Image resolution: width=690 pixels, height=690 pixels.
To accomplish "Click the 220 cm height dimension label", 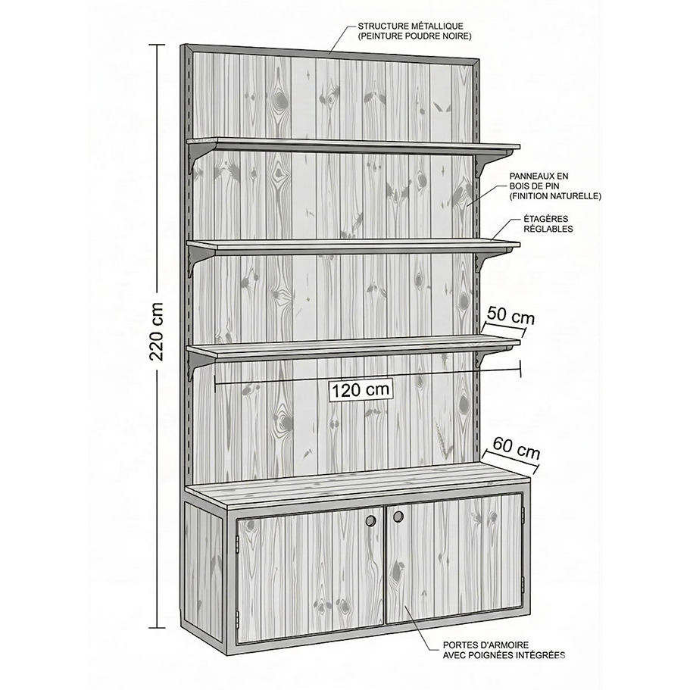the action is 157,332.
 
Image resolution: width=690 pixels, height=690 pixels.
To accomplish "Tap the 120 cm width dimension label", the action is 361,390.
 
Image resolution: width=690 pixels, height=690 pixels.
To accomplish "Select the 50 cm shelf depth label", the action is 510,316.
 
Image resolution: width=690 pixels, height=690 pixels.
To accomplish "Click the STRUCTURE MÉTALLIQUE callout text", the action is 414,31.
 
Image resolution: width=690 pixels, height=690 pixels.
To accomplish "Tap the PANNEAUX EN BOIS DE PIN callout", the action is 555,186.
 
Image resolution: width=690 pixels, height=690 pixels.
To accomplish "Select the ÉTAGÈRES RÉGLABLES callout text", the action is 548,223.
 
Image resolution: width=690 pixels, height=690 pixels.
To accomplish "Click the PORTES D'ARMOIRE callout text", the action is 504,650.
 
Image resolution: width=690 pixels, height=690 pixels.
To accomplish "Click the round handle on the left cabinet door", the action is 371,520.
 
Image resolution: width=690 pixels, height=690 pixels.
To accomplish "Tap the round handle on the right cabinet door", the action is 398,517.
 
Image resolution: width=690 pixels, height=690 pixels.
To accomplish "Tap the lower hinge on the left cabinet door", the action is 237,618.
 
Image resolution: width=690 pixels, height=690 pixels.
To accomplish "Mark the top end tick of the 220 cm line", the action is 157,45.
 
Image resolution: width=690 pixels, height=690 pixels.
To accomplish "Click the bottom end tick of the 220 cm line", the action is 157,627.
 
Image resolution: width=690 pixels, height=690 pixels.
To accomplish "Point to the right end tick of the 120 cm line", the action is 520,369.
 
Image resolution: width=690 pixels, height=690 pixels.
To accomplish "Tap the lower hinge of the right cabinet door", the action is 523,583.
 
